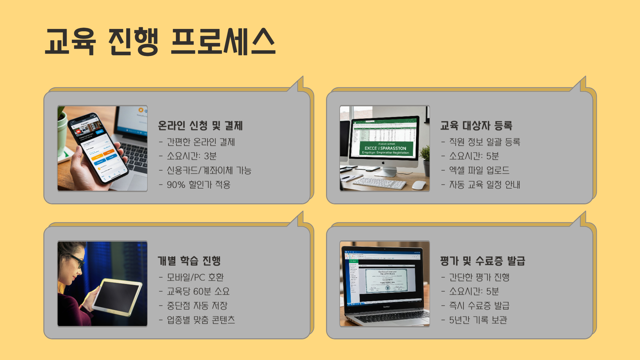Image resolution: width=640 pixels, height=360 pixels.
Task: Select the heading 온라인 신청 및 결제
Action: click(x=200, y=126)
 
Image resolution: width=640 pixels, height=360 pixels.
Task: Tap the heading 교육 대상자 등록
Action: click(x=476, y=126)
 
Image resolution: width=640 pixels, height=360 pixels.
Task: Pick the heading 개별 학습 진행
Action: click(x=189, y=261)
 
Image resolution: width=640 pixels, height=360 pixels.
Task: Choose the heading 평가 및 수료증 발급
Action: click(x=482, y=261)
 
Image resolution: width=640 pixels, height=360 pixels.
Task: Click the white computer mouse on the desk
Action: click(x=419, y=185)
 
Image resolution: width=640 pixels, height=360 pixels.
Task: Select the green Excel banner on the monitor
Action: click(x=386, y=148)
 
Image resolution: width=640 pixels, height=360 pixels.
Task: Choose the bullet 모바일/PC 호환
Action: click(x=195, y=277)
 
